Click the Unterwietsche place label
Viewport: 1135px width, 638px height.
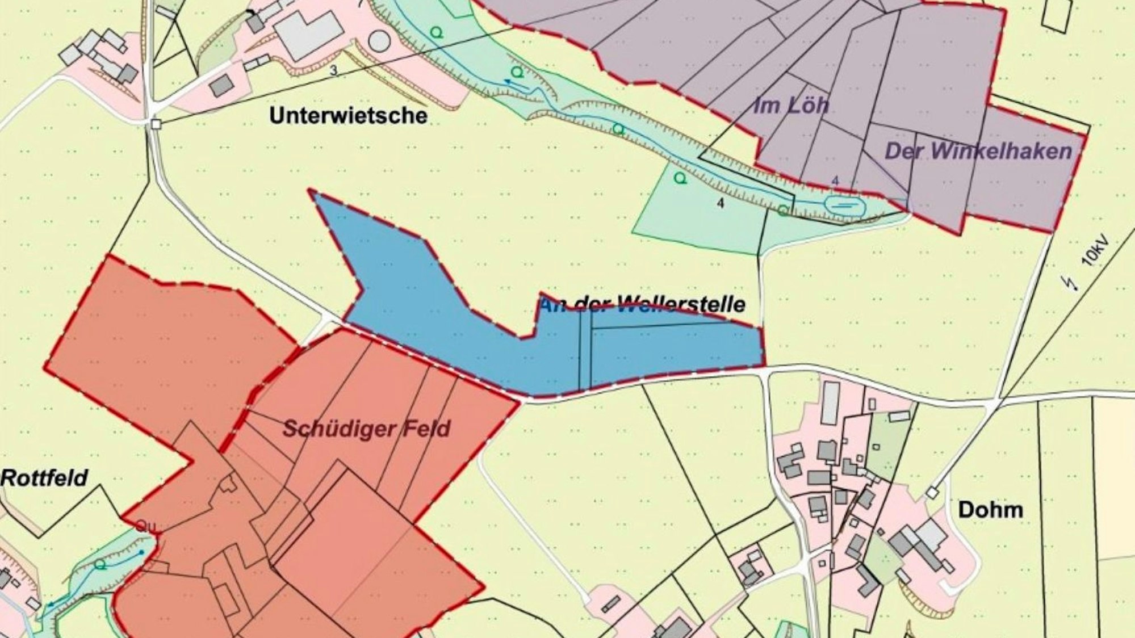coord(348,116)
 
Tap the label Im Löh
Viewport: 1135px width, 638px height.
coord(791,105)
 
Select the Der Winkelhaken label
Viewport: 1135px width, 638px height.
coord(978,151)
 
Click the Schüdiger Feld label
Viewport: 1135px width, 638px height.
coord(366,429)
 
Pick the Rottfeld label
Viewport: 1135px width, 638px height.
coord(44,478)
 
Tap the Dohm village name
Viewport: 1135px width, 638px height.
coord(990,510)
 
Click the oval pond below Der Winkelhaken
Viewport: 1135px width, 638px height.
coord(844,205)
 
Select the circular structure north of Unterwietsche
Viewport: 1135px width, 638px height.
coord(379,40)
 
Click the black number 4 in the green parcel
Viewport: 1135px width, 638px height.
coord(721,203)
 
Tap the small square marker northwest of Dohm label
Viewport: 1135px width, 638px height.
coord(932,493)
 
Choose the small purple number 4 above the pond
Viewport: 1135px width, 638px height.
coord(834,181)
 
